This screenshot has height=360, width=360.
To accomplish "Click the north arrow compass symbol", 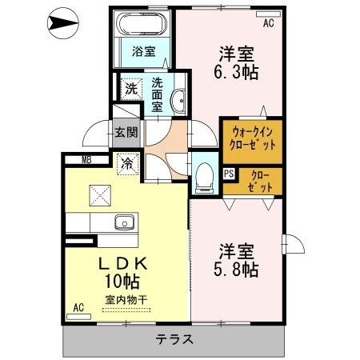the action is pos(63,23).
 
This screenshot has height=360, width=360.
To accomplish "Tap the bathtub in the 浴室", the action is pos(142,24).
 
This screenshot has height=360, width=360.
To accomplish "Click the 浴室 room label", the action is pos(144,51).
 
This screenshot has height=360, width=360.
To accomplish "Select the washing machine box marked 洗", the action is pos(131,89).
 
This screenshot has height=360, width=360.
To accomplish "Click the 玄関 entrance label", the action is pos(126,132).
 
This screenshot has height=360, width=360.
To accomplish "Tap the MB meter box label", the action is pos(86,160).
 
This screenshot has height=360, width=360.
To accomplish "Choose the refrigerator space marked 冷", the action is pos(128,164).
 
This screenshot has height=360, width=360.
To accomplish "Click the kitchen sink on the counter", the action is pos(124,222).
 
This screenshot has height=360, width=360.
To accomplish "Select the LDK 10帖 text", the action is pos(122,272).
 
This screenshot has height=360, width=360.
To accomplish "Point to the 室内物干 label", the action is pos(126,300).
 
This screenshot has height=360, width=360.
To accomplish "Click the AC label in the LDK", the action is pos(78,307).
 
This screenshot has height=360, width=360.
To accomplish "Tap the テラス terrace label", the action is pos(174,339).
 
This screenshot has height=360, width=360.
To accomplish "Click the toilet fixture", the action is pos(204,178).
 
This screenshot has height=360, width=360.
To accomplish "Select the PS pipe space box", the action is pos(229,174).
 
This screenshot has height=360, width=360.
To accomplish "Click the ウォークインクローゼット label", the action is pos(252,138).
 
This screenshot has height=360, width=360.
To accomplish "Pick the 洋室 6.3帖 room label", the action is pos(236,63).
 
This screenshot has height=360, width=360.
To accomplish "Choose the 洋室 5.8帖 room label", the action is pos(236,261).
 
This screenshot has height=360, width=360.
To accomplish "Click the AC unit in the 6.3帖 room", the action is pos(268,14).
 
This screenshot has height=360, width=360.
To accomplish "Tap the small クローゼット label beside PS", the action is pos(260,182).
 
